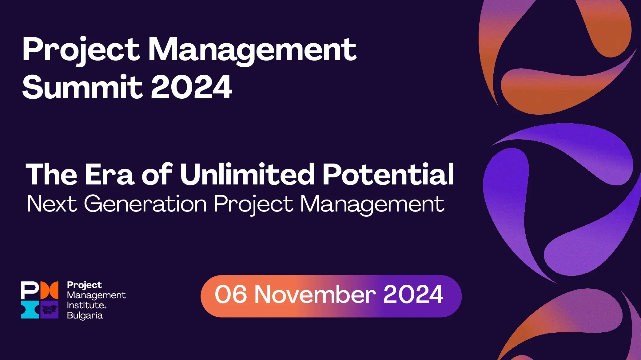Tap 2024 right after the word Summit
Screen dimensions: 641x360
tap(191, 87)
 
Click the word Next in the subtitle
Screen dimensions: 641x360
tap(52, 204)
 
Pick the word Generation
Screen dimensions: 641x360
tap(145, 204)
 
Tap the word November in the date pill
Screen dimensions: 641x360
tap(315, 295)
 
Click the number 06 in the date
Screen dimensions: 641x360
tap(231, 295)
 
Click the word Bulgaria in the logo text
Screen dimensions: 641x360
tap(85, 316)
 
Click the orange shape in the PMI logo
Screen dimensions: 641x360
tap(49, 290)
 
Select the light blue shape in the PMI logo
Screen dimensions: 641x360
tap(30, 309)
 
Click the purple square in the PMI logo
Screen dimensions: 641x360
tap(49, 309)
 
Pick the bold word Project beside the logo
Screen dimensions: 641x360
tap(84, 285)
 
